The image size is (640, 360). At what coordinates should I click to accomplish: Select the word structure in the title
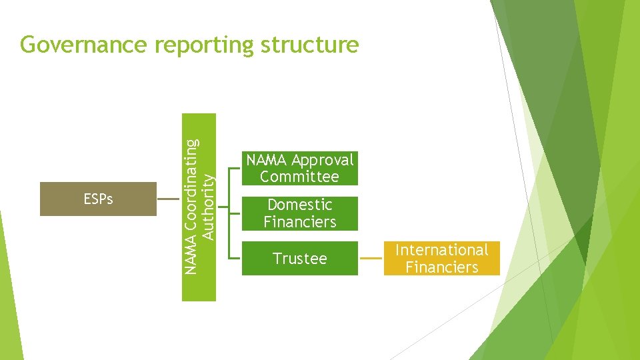click(310, 45)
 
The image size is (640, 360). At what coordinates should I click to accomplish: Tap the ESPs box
click(98, 199)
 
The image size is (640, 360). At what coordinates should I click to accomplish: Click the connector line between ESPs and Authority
click(169, 199)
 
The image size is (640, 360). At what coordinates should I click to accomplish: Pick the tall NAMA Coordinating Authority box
click(199, 207)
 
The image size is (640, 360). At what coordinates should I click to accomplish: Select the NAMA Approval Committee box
click(299, 168)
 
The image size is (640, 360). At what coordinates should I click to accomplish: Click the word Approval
click(323, 160)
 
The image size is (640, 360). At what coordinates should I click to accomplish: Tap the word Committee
click(299, 177)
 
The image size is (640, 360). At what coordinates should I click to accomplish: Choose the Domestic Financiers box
click(299, 213)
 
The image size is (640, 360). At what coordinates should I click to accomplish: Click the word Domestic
click(299, 205)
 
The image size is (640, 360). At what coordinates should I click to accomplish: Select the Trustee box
click(299, 258)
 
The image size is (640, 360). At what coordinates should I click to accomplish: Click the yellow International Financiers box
click(441, 258)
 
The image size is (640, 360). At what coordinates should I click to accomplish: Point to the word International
click(441, 250)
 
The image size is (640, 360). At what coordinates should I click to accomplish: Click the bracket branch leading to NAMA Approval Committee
click(235, 168)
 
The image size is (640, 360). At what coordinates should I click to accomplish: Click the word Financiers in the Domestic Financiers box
click(299, 222)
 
